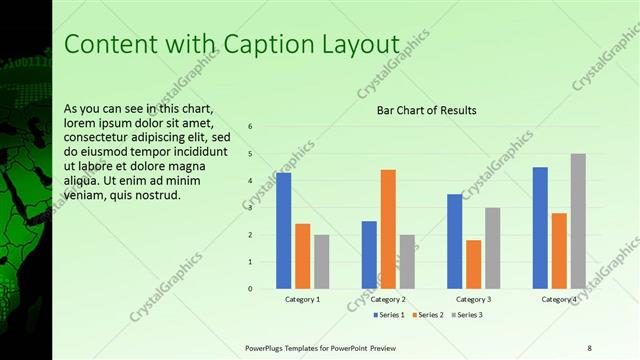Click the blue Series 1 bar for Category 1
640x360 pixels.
pyautogui.click(x=283, y=230)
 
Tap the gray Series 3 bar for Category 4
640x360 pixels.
pyautogui.click(x=578, y=221)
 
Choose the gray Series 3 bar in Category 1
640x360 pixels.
pyautogui.click(x=321, y=262)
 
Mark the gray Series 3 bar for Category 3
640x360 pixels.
pyautogui.click(x=492, y=248)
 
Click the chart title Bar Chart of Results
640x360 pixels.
pyautogui.click(x=426, y=110)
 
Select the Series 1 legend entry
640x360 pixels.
pyautogui.click(x=390, y=315)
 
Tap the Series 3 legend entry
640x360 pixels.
pyautogui.click(x=467, y=315)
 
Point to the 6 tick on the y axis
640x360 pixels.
pyautogui.click(x=250, y=126)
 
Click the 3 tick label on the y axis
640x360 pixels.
pyautogui.click(x=250, y=208)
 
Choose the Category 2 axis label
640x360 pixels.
pyautogui.click(x=388, y=299)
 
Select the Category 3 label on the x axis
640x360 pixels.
pyautogui.click(x=473, y=299)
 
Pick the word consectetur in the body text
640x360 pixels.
pyautogui.click(x=95, y=137)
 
